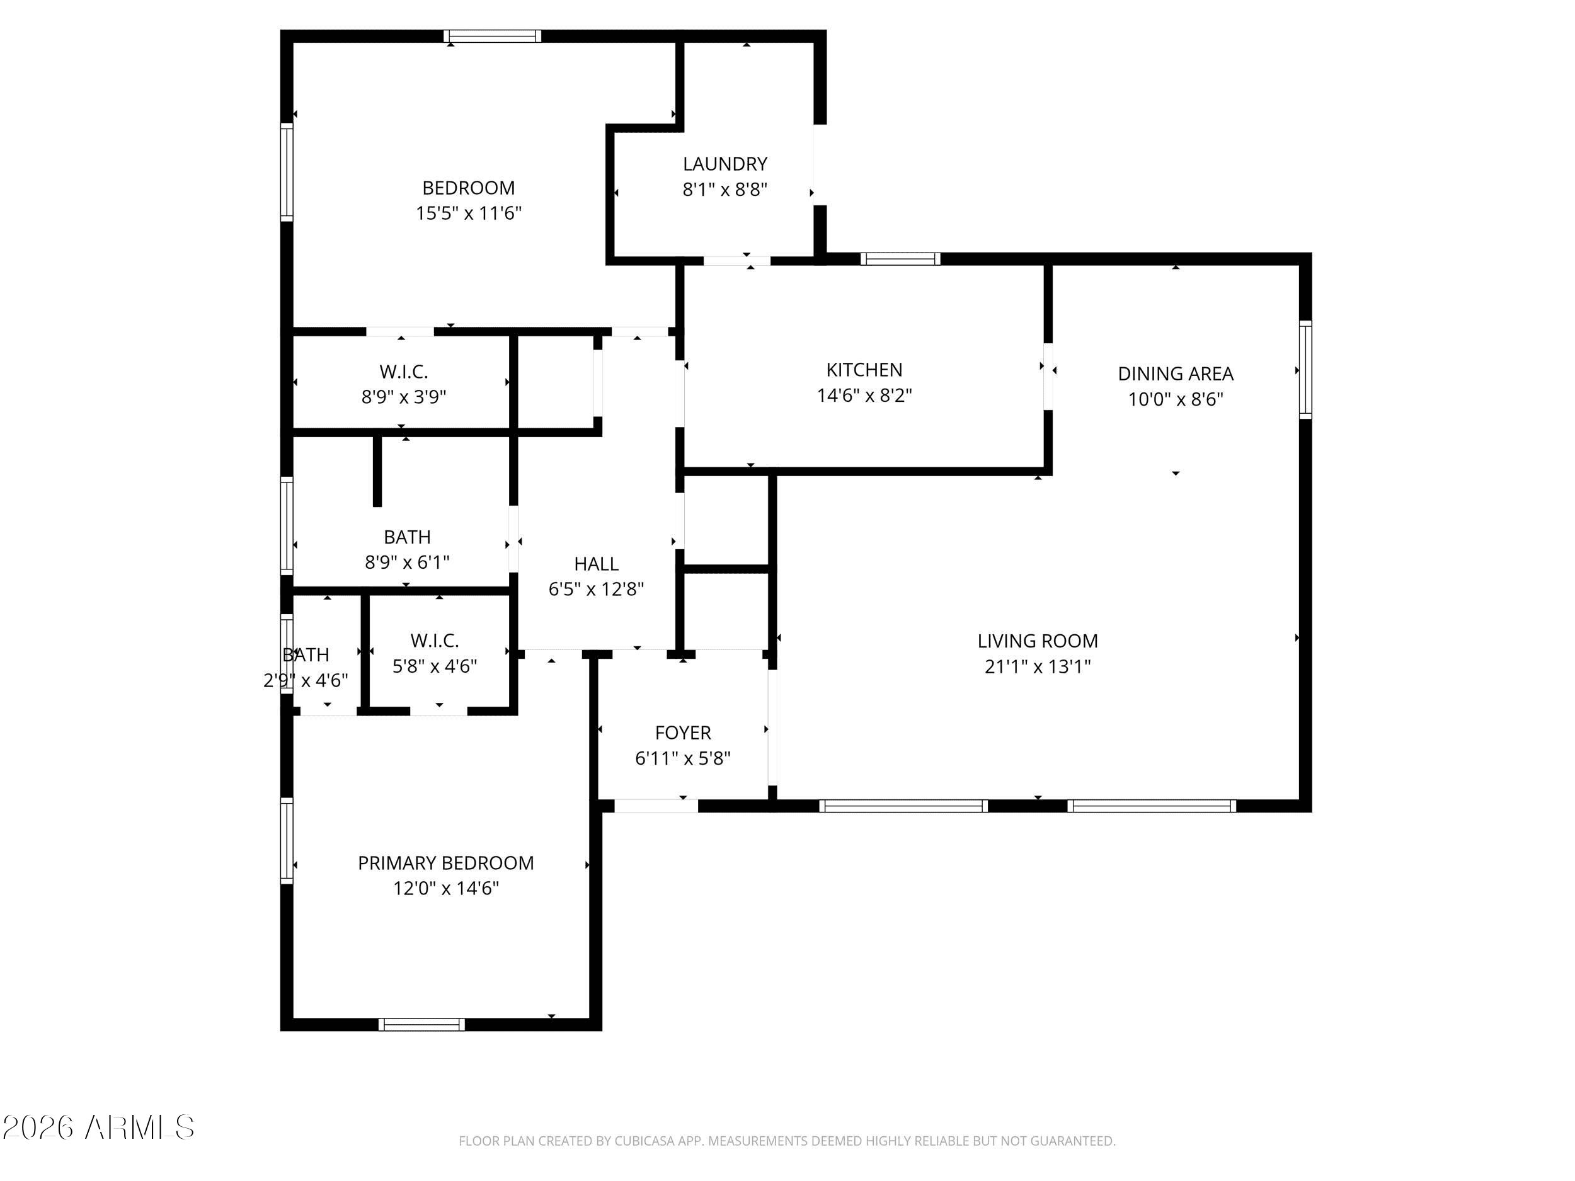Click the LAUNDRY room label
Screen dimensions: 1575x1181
725,164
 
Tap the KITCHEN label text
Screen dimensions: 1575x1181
864,370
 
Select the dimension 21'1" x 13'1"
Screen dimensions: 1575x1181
1038,666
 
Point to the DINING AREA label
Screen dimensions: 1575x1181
1176,373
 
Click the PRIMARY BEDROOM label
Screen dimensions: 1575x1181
446,863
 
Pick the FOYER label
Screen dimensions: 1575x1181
683,733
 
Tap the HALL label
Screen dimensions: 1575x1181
596,564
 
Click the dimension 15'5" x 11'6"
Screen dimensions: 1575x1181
469,213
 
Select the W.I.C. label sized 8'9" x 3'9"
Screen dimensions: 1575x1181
404,372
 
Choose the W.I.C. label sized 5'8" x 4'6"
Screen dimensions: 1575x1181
434,641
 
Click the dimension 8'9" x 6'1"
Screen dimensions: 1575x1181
407,562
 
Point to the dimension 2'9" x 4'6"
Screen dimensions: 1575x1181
306,680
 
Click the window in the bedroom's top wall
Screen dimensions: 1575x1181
492,37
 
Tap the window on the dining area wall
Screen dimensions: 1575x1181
1305,370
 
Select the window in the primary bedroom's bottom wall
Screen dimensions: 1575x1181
421,1024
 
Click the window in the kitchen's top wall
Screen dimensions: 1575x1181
900,258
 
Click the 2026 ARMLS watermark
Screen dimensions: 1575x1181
98,1127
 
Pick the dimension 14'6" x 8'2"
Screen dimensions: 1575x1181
864,395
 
